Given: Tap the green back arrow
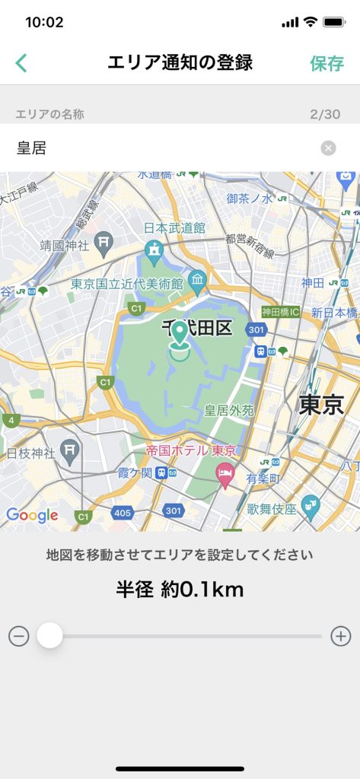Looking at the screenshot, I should tap(21, 63).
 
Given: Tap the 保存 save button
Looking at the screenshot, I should tap(327, 63).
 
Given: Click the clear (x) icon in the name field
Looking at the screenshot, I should tap(328, 148).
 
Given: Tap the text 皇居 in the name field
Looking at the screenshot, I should tap(32, 148).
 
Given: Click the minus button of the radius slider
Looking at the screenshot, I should tap(19, 636).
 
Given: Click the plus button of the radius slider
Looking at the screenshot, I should tap(341, 636).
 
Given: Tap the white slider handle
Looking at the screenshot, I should tap(50, 635).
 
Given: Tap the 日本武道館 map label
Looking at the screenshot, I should tap(174, 227).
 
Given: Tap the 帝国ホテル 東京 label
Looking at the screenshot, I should tap(187, 450).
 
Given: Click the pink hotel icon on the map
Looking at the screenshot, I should tap(225, 477).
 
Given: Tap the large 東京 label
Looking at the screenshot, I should tap(321, 404).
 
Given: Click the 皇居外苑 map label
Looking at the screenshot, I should tap(229, 410).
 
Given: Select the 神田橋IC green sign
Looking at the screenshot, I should tap(280, 312).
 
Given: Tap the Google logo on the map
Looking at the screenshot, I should tap(32, 515).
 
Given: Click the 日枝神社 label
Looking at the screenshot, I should tap(31, 453).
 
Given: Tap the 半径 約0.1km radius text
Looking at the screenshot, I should tap(180, 590).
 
